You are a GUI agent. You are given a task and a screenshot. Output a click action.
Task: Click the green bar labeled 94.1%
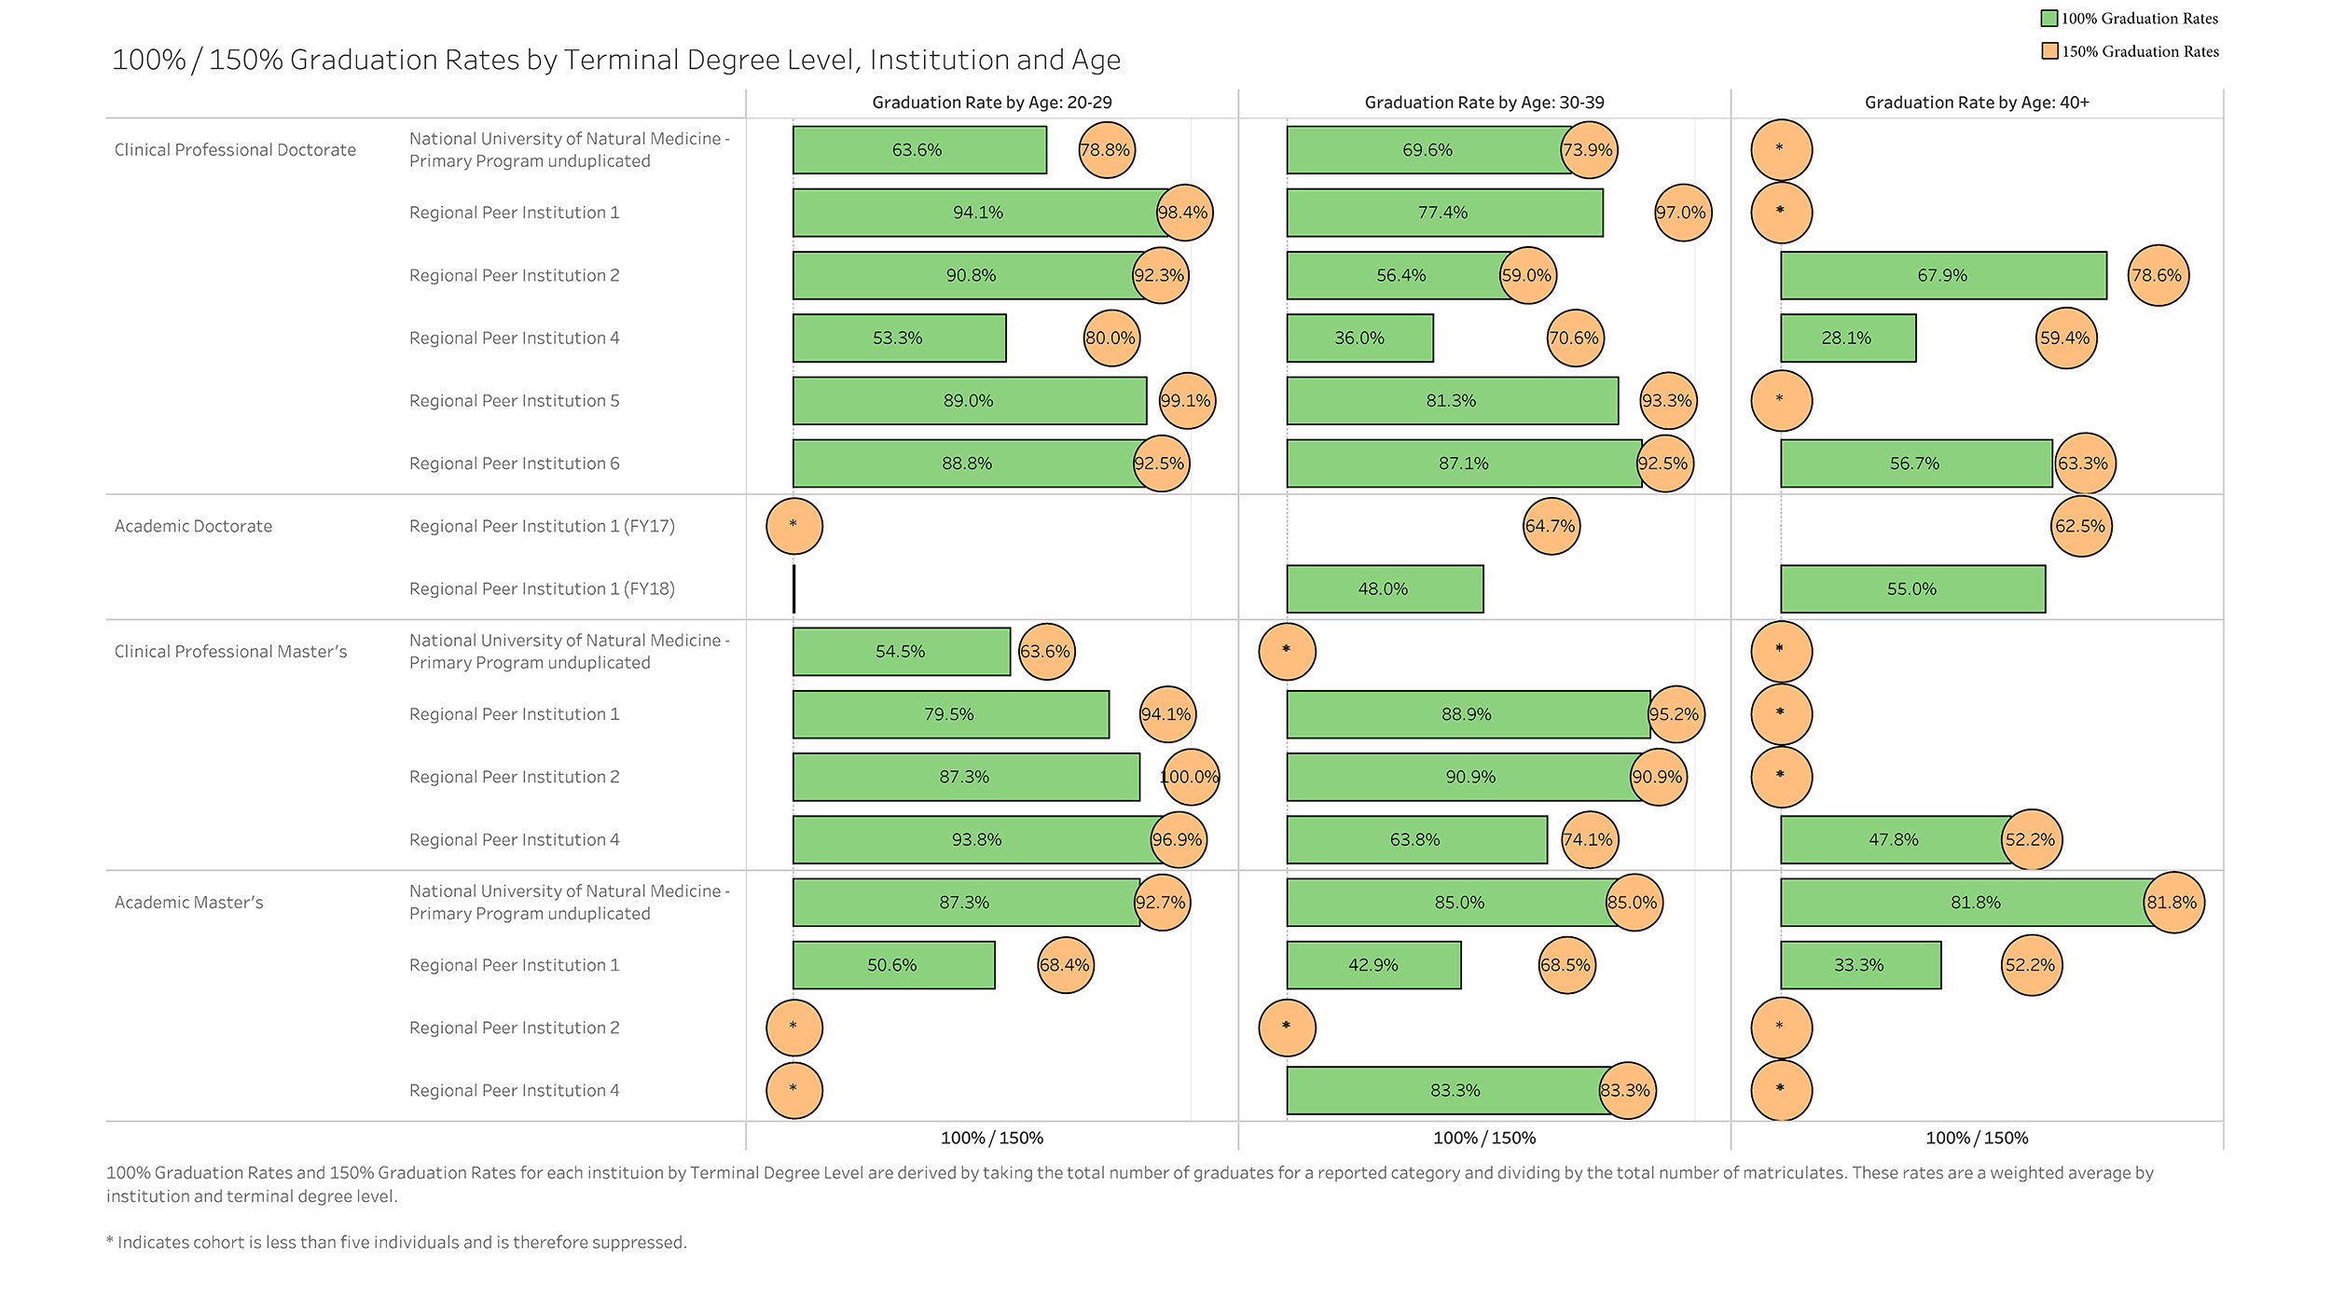(x=979, y=213)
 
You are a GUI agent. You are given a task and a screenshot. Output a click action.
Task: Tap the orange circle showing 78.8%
(x=1107, y=150)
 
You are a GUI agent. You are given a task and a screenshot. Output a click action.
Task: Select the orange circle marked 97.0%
(x=1682, y=213)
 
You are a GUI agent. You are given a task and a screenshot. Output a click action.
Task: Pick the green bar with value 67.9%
(x=1943, y=275)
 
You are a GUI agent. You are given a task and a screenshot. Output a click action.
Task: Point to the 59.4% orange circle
(x=2065, y=338)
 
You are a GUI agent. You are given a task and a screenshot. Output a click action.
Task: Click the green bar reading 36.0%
(x=1359, y=338)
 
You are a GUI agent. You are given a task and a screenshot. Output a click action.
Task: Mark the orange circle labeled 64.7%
(x=1551, y=526)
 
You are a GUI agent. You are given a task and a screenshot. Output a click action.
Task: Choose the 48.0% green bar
(x=1385, y=588)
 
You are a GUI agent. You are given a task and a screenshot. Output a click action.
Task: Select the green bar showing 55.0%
(x=1912, y=588)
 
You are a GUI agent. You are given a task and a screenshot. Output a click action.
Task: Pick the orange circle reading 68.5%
(x=1566, y=965)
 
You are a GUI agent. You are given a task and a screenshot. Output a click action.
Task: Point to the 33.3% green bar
(x=1860, y=965)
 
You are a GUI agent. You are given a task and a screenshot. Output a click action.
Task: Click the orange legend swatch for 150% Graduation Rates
(x=2049, y=51)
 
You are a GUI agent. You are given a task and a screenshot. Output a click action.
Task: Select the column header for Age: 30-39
(x=1484, y=103)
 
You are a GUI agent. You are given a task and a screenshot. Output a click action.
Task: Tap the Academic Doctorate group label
(x=193, y=526)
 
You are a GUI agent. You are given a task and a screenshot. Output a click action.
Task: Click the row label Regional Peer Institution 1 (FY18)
(x=542, y=589)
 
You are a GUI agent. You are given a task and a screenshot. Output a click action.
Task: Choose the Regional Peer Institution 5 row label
(x=514, y=401)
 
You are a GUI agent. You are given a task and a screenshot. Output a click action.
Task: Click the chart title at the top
(x=616, y=60)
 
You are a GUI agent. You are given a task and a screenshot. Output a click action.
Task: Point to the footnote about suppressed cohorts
(x=396, y=1242)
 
